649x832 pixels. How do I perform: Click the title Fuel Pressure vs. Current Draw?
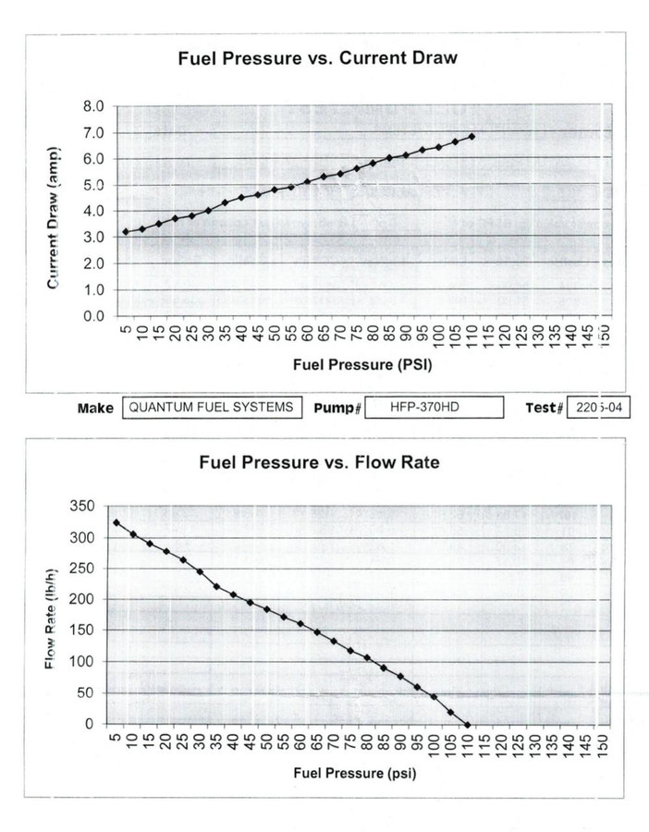[x=318, y=58]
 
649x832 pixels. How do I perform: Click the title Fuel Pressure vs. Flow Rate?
[x=319, y=462]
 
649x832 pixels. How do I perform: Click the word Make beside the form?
[x=95, y=409]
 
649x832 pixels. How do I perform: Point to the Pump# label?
[x=336, y=409]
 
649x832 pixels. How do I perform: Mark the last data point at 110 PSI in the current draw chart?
[x=472, y=137]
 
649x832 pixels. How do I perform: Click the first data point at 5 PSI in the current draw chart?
[x=126, y=231]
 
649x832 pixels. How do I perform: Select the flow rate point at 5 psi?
[x=116, y=522]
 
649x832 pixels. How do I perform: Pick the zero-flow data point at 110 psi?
[x=468, y=725]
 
